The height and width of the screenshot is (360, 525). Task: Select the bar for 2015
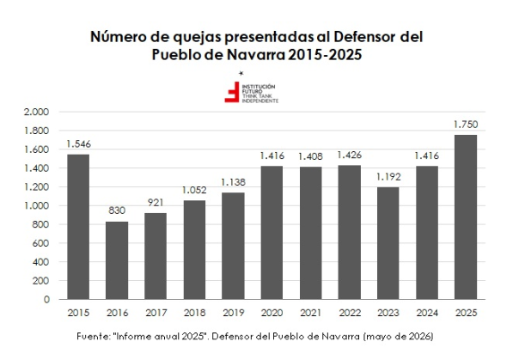78,227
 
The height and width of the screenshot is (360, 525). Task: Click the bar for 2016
117,260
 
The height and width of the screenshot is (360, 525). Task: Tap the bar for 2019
234,246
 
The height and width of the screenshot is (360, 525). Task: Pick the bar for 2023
388,243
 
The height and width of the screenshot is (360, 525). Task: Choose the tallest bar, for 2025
466,217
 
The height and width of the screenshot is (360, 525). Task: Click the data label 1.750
466,125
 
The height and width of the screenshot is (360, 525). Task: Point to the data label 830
117,211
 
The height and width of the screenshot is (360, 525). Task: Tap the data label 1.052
194,190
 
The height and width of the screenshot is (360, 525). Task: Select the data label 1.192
388,177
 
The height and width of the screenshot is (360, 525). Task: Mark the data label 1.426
350,155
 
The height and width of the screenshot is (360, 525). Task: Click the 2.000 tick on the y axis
36,112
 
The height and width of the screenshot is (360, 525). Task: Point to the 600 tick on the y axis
40,243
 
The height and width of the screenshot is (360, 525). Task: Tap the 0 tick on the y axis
46,299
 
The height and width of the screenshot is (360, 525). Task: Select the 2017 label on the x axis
156,313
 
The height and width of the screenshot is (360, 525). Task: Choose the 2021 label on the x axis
311,313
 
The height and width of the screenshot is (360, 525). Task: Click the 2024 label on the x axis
427,313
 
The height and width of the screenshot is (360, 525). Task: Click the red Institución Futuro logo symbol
232,92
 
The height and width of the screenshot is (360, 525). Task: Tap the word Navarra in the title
256,55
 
